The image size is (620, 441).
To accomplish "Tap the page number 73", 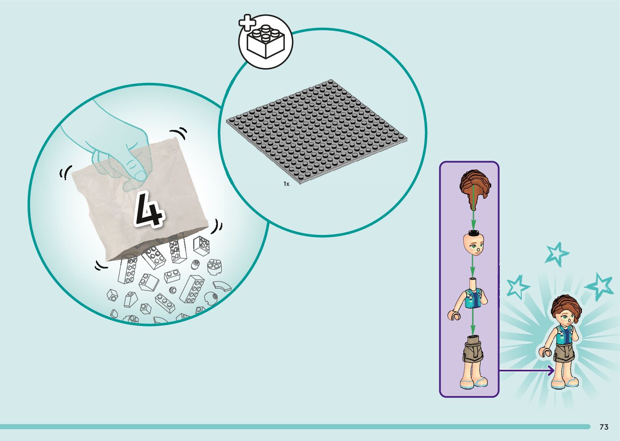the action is [x=604, y=427].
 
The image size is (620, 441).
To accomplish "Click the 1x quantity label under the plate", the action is [x=286, y=184].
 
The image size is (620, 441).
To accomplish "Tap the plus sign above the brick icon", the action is [x=247, y=23].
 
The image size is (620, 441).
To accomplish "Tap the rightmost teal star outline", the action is [x=600, y=285].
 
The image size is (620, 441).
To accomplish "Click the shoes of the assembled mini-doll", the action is [x=566, y=383].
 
